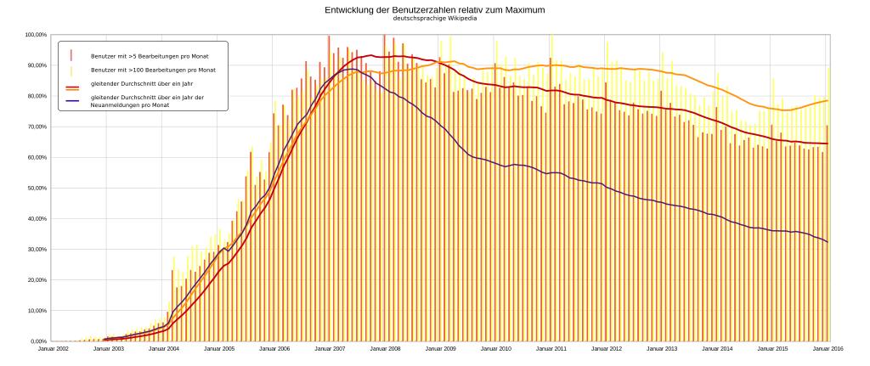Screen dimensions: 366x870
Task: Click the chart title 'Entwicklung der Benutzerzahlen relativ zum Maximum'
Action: (x=434, y=9)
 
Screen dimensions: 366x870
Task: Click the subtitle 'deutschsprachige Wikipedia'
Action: (x=434, y=18)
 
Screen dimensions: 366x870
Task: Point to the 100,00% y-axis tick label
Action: (x=36, y=35)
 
